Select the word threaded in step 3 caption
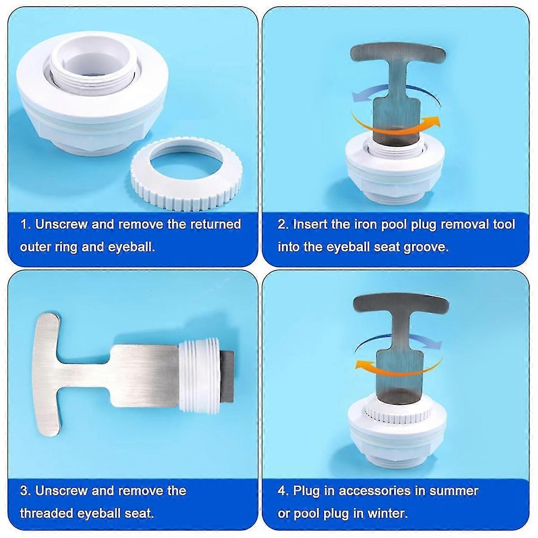pyautogui.click(x=47, y=513)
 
